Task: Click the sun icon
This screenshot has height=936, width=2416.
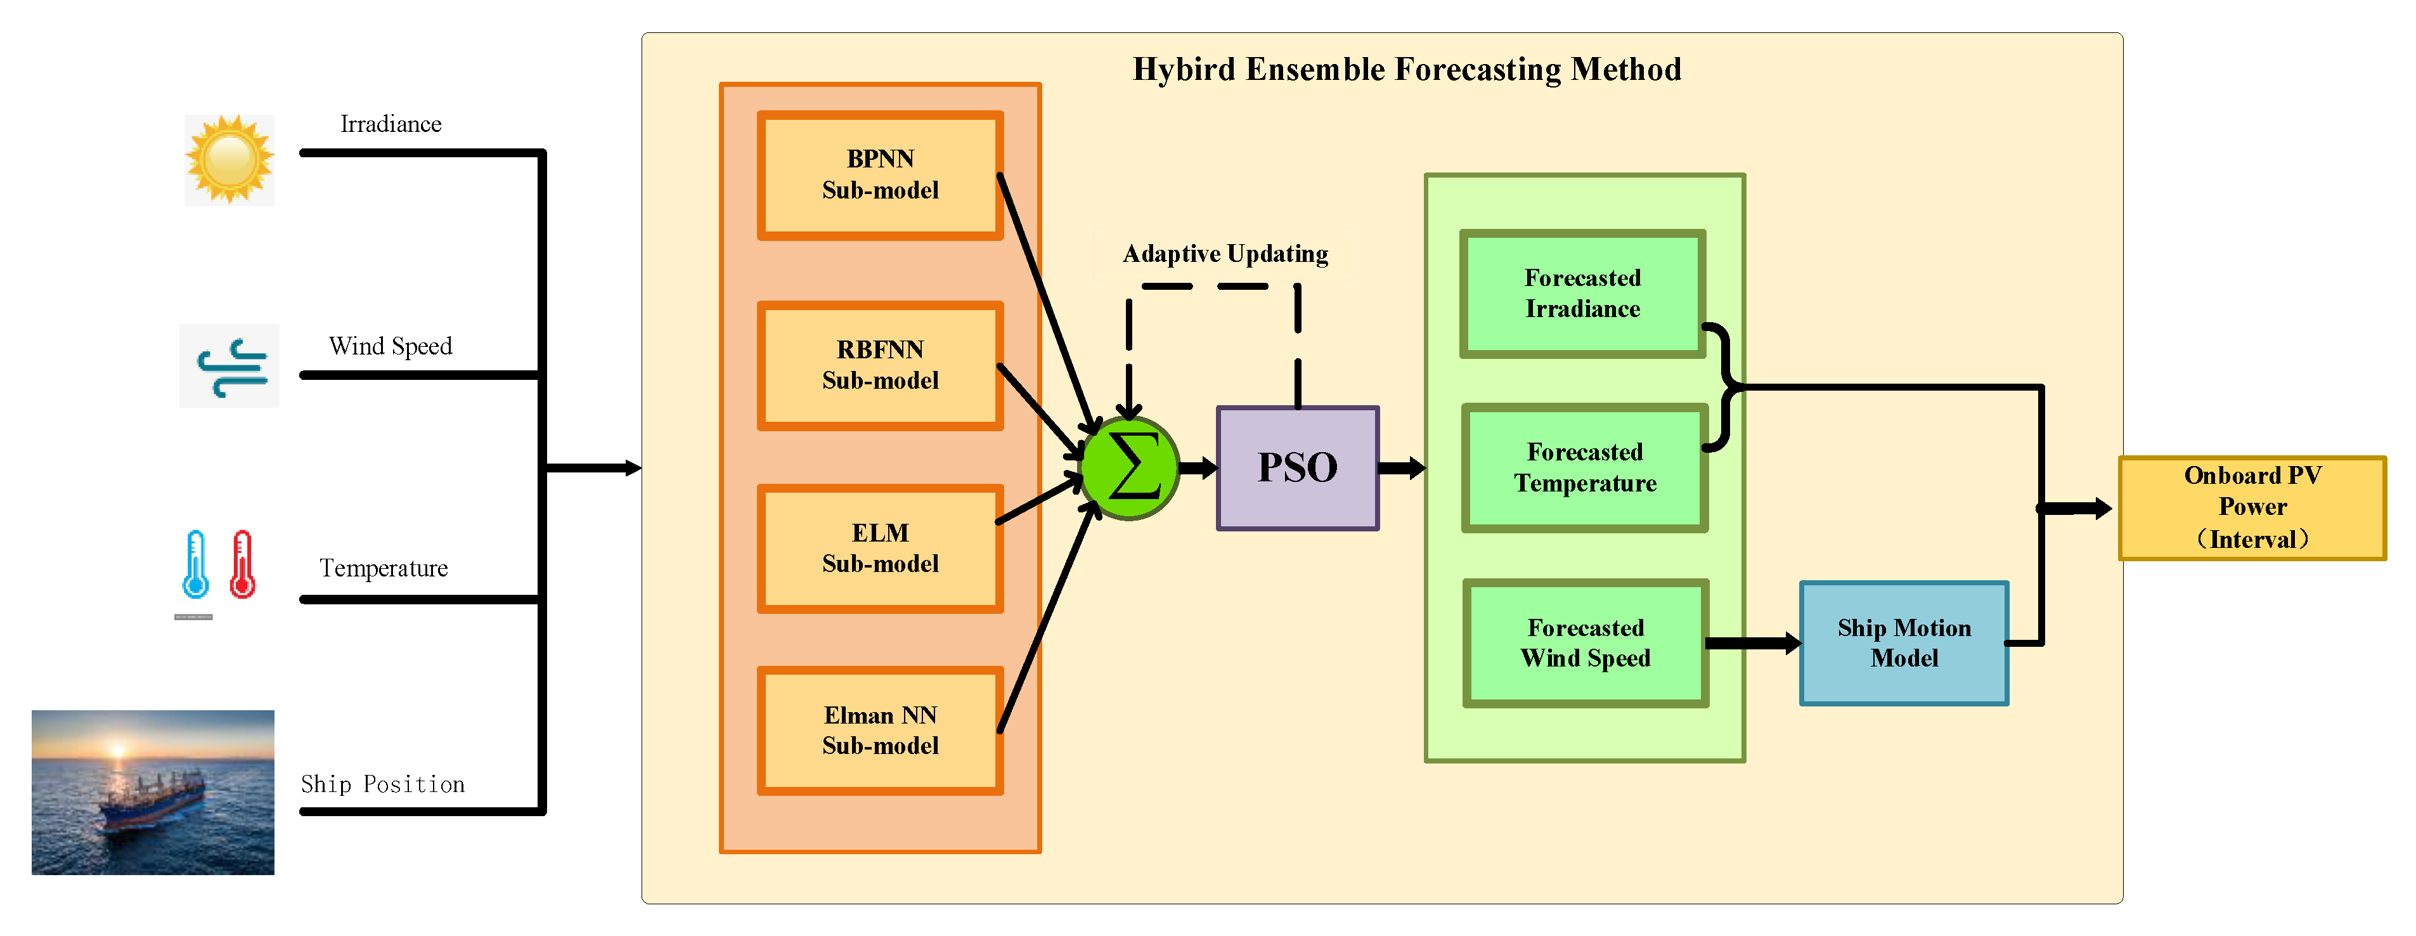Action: (x=229, y=159)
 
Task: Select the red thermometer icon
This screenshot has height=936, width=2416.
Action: (x=243, y=564)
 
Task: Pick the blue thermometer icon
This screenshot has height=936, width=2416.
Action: (x=195, y=564)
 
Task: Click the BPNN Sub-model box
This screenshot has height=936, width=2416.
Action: (x=880, y=176)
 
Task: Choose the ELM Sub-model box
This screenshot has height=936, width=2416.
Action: (x=880, y=549)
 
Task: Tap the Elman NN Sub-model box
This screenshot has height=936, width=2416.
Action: (x=880, y=731)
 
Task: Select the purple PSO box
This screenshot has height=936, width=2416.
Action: (x=1297, y=468)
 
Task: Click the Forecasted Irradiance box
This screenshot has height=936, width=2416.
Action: (x=1582, y=294)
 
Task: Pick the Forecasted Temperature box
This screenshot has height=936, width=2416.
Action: (x=1584, y=468)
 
